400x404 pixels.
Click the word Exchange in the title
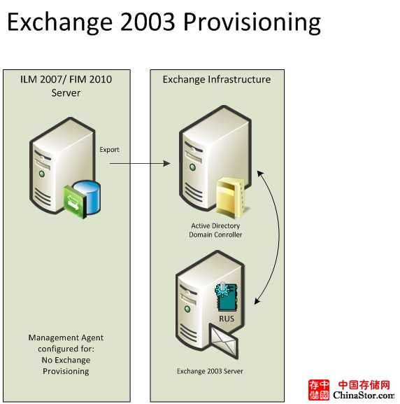coord(59,22)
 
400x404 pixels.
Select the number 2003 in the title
coord(148,22)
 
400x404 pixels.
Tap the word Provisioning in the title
coord(252,22)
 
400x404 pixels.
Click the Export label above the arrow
coord(109,150)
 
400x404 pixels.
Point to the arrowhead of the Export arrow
coord(167,163)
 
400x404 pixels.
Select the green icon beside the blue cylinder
coord(75,202)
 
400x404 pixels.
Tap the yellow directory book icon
coord(230,196)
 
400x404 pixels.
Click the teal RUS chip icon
coord(226,298)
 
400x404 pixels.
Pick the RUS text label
coord(227,319)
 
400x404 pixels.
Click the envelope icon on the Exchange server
coord(223,341)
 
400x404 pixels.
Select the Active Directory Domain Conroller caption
coord(215,230)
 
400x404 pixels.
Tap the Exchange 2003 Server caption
coord(210,371)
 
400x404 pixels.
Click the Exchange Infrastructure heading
coord(217,79)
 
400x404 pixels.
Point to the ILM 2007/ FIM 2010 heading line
coord(66,79)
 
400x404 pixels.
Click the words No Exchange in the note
coord(66,360)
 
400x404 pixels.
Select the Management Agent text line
coord(66,337)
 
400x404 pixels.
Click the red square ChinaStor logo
coord(319,389)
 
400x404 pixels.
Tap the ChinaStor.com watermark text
coord(364,395)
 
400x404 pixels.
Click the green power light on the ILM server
coord(42,174)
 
